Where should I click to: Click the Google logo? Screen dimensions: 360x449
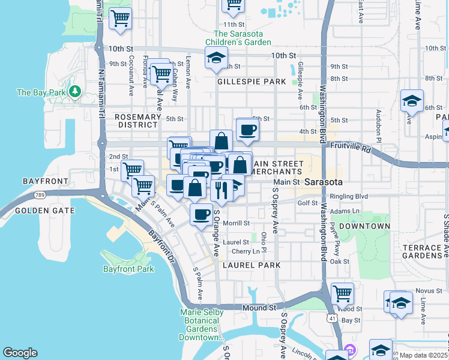(x=20, y=353)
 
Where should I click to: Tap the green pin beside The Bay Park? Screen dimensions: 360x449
(x=74, y=92)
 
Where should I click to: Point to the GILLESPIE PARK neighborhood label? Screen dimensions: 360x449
(x=252, y=81)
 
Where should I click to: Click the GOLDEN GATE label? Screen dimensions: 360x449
(x=45, y=211)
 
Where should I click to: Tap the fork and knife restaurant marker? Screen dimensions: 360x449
(x=221, y=190)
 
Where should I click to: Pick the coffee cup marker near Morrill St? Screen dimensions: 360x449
(x=202, y=214)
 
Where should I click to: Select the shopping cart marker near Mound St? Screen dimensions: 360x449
(x=342, y=294)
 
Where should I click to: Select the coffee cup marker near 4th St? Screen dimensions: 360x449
(x=247, y=130)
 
